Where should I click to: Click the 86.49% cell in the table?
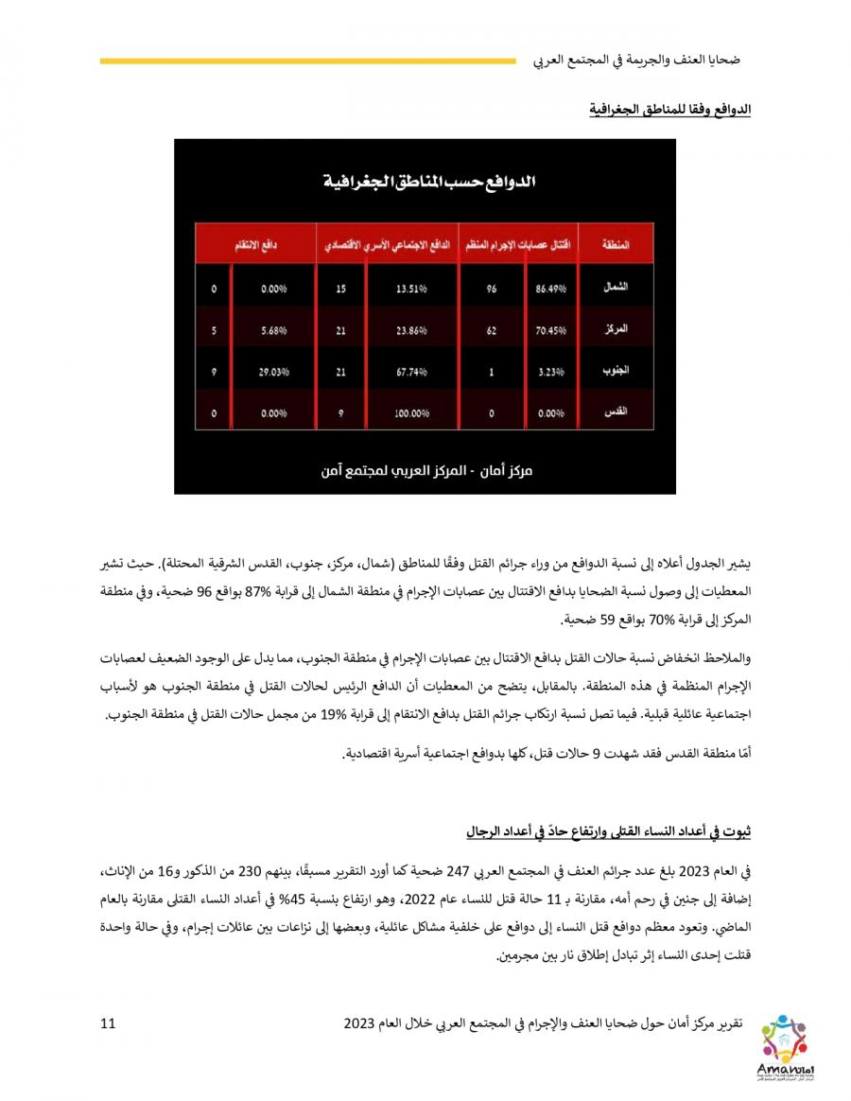point(549,289)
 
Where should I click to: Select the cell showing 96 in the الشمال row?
point(492,289)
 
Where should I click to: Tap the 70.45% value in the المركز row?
point(549,331)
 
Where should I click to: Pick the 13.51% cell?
point(412,289)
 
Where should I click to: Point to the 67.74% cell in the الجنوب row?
point(412,372)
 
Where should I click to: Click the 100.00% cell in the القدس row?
point(412,413)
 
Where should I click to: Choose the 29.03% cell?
point(273,372)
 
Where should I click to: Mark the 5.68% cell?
point(273,331)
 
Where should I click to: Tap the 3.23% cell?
point(549,372)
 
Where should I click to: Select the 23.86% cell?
point(412,331)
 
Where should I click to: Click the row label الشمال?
point(616,287)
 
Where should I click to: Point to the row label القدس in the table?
point(616,412)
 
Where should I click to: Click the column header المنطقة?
point(616,244)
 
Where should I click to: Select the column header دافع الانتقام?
point(255,244)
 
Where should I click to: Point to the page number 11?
point(107,1022)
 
